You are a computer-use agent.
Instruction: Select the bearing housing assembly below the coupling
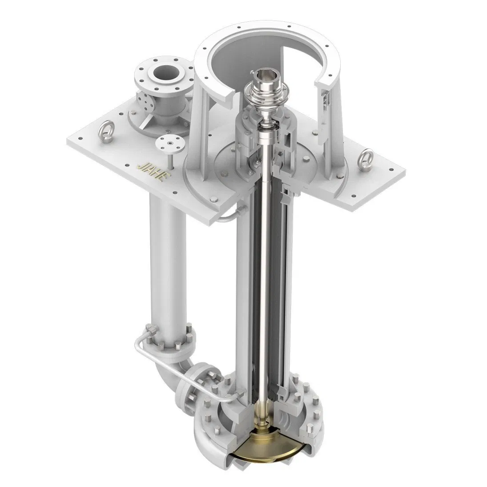tap(267, 142)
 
